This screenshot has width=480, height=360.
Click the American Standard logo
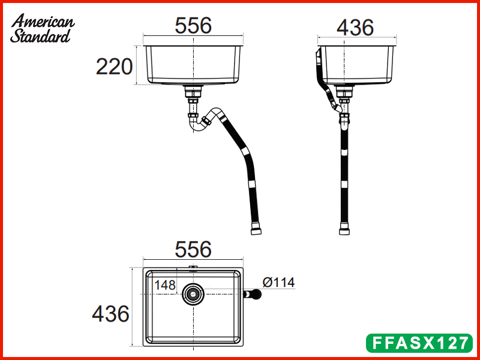click(x=42, y=28)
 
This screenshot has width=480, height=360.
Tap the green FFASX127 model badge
click(x=419, y=343)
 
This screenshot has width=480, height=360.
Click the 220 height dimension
click(x=114, y=67)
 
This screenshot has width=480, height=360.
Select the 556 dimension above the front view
click(x=193, y=25)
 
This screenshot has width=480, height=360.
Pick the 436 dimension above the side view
click(x=355, y=28)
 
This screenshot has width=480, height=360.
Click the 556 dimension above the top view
click(x=193, y=249)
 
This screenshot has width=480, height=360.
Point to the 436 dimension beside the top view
click(x=110, y=314)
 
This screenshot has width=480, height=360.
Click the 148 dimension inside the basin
click(x=165, y=286)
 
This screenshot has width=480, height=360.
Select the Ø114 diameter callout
click(x=278, y=282)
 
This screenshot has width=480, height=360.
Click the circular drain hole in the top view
click(x=193, y=294)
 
